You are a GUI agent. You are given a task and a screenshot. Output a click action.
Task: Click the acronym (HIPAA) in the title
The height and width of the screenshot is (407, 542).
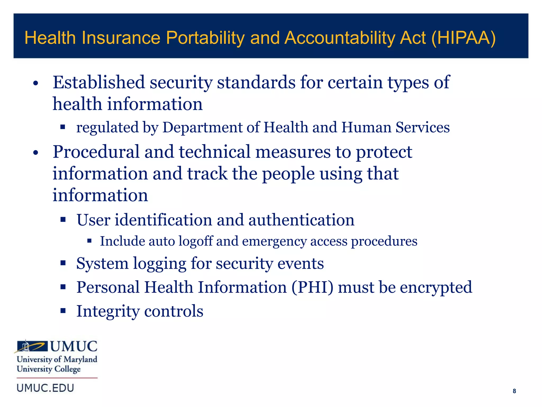463,38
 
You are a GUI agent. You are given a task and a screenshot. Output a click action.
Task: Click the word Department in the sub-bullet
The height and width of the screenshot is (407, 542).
202,127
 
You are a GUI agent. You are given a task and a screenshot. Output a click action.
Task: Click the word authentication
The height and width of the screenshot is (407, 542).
301,220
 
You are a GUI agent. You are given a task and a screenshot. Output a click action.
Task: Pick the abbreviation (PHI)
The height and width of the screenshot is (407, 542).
312,287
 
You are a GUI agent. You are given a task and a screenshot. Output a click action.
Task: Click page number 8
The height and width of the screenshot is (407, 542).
514,391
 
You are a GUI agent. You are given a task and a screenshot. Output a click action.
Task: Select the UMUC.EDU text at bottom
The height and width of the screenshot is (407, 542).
45,388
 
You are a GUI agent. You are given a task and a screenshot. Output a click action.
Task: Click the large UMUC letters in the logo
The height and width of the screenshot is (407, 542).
74,346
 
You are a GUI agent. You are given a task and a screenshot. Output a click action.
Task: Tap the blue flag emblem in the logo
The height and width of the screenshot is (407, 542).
32,346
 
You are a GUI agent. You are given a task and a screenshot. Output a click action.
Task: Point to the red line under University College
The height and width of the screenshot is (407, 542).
57,378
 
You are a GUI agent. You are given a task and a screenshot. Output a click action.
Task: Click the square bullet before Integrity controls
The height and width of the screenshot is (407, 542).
63,311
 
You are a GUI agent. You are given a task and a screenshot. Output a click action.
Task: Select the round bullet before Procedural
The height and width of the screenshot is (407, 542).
36,153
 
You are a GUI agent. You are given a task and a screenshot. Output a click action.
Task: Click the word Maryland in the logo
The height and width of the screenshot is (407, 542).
80,359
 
